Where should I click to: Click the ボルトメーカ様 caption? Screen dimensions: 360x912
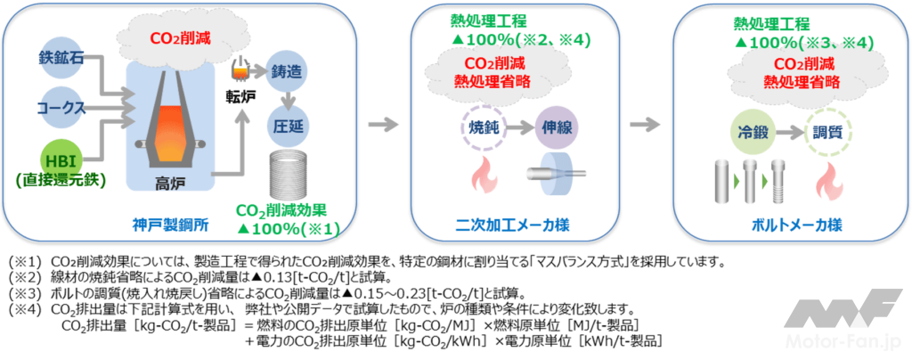click(790, 221)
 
